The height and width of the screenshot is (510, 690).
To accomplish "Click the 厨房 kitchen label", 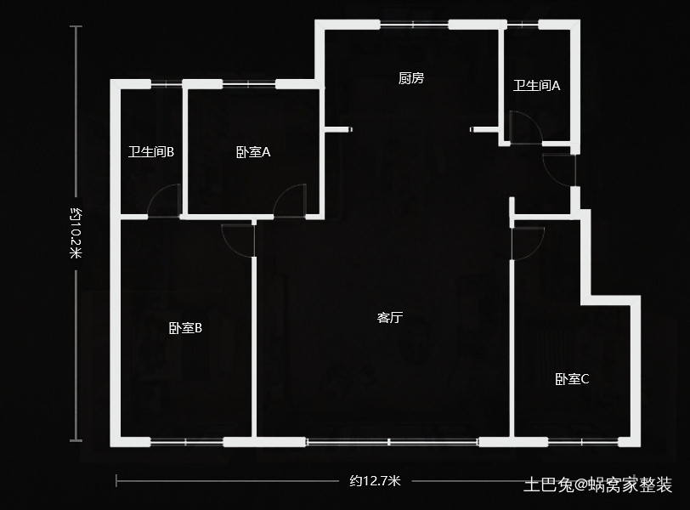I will click(x=411, y=79).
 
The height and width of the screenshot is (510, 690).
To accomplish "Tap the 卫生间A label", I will click(x=537, y=85).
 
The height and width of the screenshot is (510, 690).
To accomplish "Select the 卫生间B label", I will click(x=151, y=152).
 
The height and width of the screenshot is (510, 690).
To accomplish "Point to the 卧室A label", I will click(x=253, y=152).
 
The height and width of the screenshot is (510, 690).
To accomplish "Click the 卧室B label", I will click(x=185, y=328).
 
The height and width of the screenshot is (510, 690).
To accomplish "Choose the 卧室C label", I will click(x=572, y=379).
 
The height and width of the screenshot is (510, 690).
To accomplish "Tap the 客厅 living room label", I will click(x=389, y=318).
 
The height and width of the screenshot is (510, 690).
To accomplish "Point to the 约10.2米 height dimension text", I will click(x=76, y=233).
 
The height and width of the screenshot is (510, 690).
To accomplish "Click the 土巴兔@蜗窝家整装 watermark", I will click(x=597, y=485).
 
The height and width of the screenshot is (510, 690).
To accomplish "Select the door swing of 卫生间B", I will click(x=165, y=202).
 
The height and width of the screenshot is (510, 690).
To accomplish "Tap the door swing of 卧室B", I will click(x=238, y=240).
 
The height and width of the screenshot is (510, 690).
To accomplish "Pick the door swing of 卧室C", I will click(x=528, y=241).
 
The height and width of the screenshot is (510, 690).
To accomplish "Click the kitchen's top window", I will click(x=414, y=24).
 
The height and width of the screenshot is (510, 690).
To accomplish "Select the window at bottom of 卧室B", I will click(x=186, y=441).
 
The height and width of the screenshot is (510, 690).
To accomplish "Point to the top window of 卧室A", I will click(x=248, y=83).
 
